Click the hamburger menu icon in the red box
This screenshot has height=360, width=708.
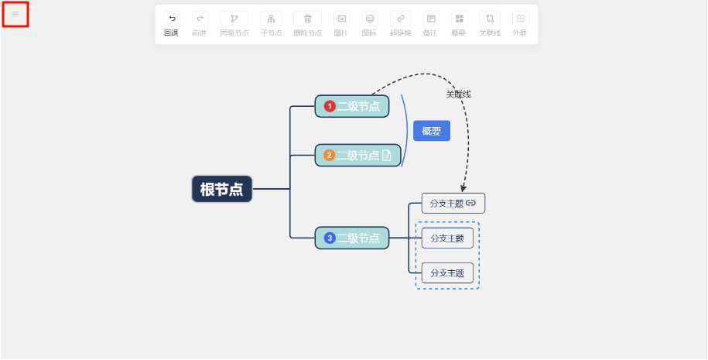(15, 14)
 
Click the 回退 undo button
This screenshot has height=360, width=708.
(171, 22)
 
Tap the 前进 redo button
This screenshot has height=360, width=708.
(200, 22)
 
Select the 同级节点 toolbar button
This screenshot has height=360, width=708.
(234, 22)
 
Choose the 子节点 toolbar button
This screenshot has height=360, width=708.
(271, 22)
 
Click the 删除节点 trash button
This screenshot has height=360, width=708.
(307, 22)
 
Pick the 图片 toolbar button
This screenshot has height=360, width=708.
(341, 22)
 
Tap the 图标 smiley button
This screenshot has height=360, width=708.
(370, 22)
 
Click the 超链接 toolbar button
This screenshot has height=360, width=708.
(400, 22)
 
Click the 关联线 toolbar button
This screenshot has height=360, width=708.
(489, 22)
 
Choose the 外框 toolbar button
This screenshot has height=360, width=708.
(521, 22)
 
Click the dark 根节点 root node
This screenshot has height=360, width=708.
(222, 189)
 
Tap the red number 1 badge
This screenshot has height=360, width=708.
(330, 107)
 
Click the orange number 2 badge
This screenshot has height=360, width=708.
(329, 156)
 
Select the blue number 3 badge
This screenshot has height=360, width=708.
(330, 238)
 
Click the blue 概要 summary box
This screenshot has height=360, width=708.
(431, 132)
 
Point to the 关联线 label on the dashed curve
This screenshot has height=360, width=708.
(458, 94)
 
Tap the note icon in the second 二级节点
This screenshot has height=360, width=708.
(387, 156)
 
